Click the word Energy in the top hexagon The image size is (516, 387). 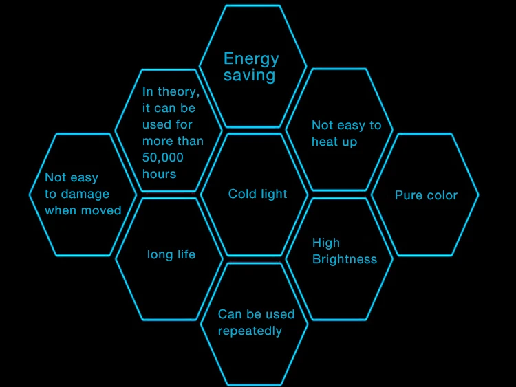pyautogui.click(x=251, y=59)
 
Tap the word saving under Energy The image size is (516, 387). pyautogui.click(x=249, y=76)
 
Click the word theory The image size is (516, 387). pyautogui.click(x=179, y=91)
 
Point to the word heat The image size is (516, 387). pyautogui.click(x=326, y=142)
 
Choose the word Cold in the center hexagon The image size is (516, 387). pyautogui.click(x=242, y=194)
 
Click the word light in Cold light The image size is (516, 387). pyautogui.click(x=274, y=194)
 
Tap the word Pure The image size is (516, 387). pyautogui.click(x=409, y=195)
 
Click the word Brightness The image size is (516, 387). pyautogui.click(x=345, y=259)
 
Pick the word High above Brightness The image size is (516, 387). pyautogui.click(x=326, y=243)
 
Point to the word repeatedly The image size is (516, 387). pyautogui.click(x=250, y=331)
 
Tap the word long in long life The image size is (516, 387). pyautogui.click(x=160, y=254)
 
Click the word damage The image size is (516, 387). pyautogui.click(x=85, y=194)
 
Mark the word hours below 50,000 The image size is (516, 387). pyautogui.click(x=160, y=174)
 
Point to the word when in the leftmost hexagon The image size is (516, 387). pyautogui.click(x=61, y=210)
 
